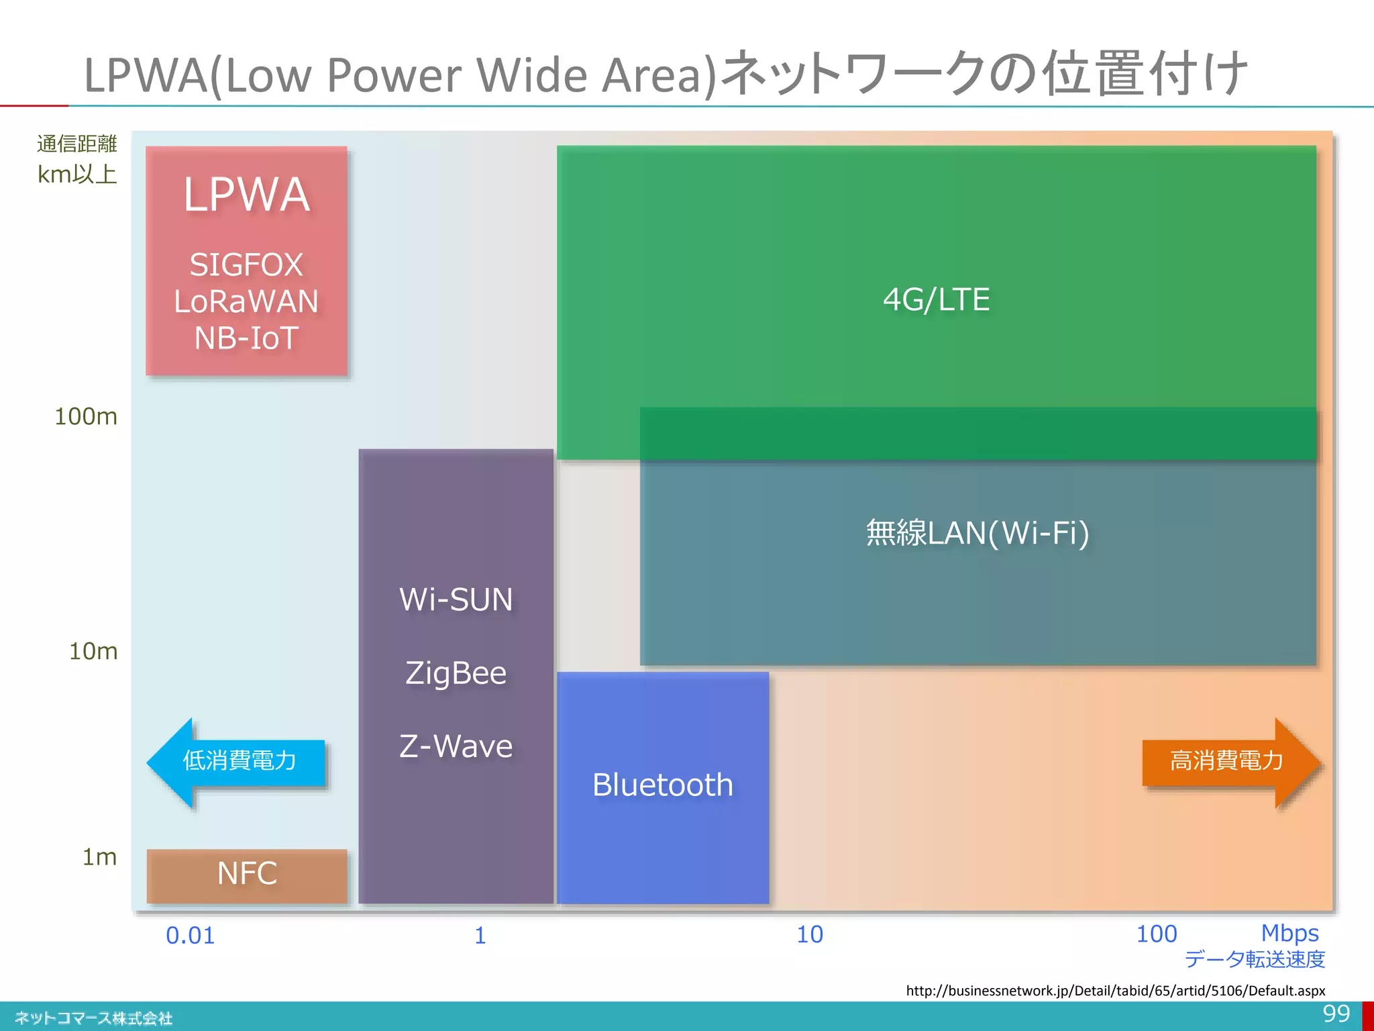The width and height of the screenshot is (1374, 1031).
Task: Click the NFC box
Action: coord(247,875)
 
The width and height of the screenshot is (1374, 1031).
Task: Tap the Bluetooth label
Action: coord(663,785)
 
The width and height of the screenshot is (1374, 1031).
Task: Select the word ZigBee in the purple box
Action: coord(456,673)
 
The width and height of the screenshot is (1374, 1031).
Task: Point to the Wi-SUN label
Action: coord(456,599)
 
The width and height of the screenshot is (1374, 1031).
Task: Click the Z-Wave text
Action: coord(456,746)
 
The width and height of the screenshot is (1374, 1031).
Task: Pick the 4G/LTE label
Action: coord(936,299)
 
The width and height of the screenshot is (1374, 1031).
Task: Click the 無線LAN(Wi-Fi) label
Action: coord(977,533)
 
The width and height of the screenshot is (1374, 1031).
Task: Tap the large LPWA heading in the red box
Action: coord(247,195)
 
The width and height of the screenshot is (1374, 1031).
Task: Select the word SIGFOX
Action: coord(246,264)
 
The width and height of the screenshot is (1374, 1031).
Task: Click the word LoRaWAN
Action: coord(246,301)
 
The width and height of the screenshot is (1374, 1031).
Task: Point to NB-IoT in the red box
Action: coord(246,338)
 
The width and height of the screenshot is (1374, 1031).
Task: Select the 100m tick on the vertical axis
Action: coord(86,417)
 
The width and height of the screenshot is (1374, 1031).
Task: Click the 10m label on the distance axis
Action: coord(93,651)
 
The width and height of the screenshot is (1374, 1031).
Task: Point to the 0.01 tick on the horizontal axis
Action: coord(191,936)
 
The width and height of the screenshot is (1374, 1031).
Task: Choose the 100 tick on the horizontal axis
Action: coord(1156,934)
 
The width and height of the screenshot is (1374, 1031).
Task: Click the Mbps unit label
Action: coord(1289,933)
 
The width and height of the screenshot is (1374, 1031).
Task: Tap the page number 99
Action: coord(1336,1014)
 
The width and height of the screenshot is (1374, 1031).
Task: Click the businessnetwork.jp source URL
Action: coord(1115,991)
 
